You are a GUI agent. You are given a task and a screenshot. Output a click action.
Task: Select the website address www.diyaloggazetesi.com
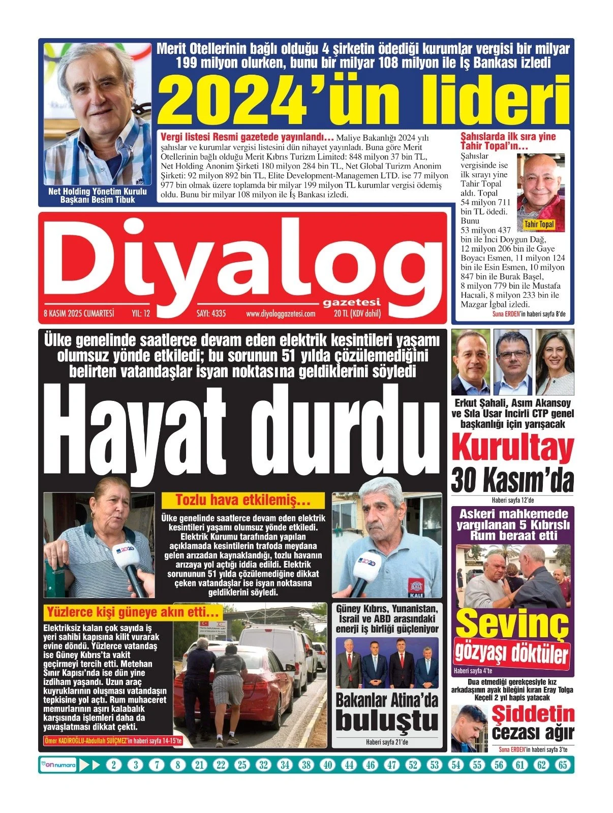(x=281, y=314)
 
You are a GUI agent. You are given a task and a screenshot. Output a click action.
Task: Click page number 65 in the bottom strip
(x=562, y=765)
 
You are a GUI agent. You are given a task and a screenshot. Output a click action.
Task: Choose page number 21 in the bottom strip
(x=199, y=765)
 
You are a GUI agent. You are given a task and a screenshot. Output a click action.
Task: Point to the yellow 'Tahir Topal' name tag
(x=539, y=224)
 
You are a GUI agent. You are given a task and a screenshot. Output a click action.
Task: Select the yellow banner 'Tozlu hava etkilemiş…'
(x=242, y=500)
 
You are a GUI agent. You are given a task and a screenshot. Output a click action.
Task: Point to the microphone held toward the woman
(x=130, y=564)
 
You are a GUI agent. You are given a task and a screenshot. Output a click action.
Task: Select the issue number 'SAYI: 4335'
(x=211, y=314)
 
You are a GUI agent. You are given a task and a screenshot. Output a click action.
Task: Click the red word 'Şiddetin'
(x=533, y=714)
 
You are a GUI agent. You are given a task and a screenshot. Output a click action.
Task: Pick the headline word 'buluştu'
(x=387, y=721)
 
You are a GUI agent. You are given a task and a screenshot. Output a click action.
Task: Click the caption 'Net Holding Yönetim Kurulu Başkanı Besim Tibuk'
(x=97, y=196)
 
